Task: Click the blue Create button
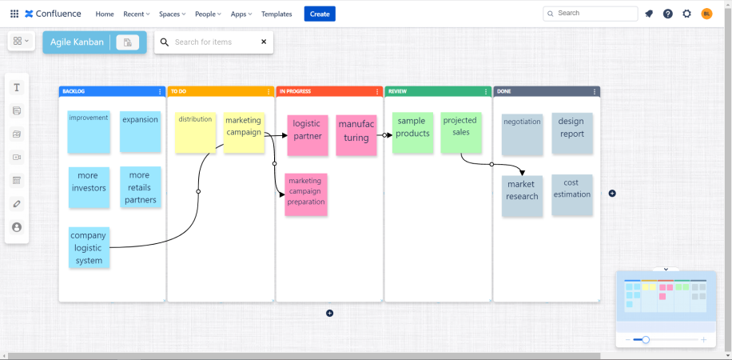[x=320, y=14]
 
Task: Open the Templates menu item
[x=276, y=14]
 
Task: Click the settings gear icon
[x=686, y=14]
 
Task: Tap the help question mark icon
[x=667, y=14]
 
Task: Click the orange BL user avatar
[x=706, y=14]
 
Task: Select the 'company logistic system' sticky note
[x=89, y=247]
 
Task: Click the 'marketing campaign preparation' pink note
[x=306, y=194]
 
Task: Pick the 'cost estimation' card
[x=572, y=195]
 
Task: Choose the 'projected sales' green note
[x=461, y=133]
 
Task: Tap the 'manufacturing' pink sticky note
[x=356, y=134]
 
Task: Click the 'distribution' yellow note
[x=195, y=132]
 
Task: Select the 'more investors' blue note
[x=89, y=187]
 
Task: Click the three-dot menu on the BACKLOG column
[x=160, y=92]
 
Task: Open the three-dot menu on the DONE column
[x=595, y=92]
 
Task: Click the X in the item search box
[x=264, y=42]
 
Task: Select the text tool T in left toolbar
[x=17, y=87]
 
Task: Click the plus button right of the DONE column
[x=612, y=193]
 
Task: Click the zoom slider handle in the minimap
[x=646, y=340]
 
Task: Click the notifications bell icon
[x=648, y=14]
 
